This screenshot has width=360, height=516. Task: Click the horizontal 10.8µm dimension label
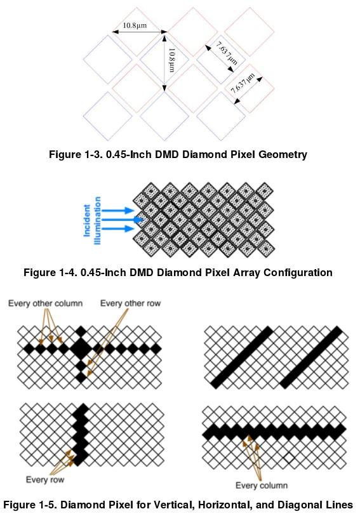[x=135, y=25]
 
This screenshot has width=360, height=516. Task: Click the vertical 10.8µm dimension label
[x=171, y=60]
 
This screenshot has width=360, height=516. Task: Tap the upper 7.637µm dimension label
[x=227, y=53]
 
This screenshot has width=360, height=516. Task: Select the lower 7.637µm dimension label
[x=243, y=83]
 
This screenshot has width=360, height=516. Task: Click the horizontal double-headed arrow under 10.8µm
[x=140, y=32]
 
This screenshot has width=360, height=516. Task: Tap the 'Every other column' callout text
[x=46, y=303]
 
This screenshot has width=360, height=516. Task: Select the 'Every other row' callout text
[x=130, y=303]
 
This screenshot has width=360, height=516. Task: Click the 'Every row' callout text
[x=45, y=479]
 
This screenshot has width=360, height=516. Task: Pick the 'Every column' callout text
[x=262, y=485]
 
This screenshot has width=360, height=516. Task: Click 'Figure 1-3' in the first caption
[x=76, y=154]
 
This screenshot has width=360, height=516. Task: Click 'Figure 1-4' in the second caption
[x=50, y=272]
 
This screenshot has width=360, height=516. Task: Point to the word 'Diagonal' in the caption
[x=298, y=505]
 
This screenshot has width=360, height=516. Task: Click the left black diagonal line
[x=241, y=357]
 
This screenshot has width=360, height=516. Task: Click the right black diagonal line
[x=311, y=357]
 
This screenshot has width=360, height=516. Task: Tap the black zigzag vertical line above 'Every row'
[x=80, y=435]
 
